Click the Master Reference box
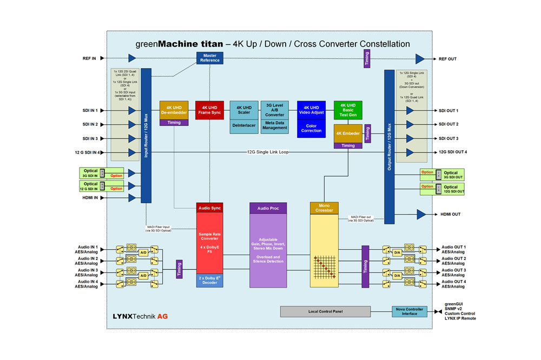[x=210, y=58]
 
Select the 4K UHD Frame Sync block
[x=209, y=110]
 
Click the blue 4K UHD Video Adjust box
[x=311, y=110]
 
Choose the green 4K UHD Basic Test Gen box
[x=347, y=110]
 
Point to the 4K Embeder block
[x=348, y=133]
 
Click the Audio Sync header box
[x=209, y=208]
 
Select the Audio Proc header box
[x=268, y=208]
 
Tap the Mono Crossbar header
[x=324, y=208]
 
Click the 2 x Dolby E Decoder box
[x=209, y=280]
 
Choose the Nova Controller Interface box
[x=410, y=312]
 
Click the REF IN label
[x=90, y=58]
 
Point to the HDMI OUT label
[x=450, y=215]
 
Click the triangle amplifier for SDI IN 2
[x=131, y=124]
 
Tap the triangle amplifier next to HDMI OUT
[x=421, y=215]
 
